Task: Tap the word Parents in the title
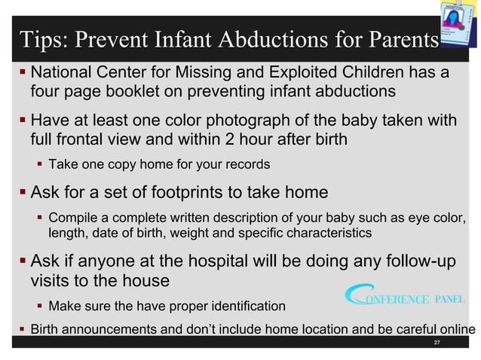(400, 39)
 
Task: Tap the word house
(146, 280)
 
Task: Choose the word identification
(242, 307)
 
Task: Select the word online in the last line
(457, 329)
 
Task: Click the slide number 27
(437, 343)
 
